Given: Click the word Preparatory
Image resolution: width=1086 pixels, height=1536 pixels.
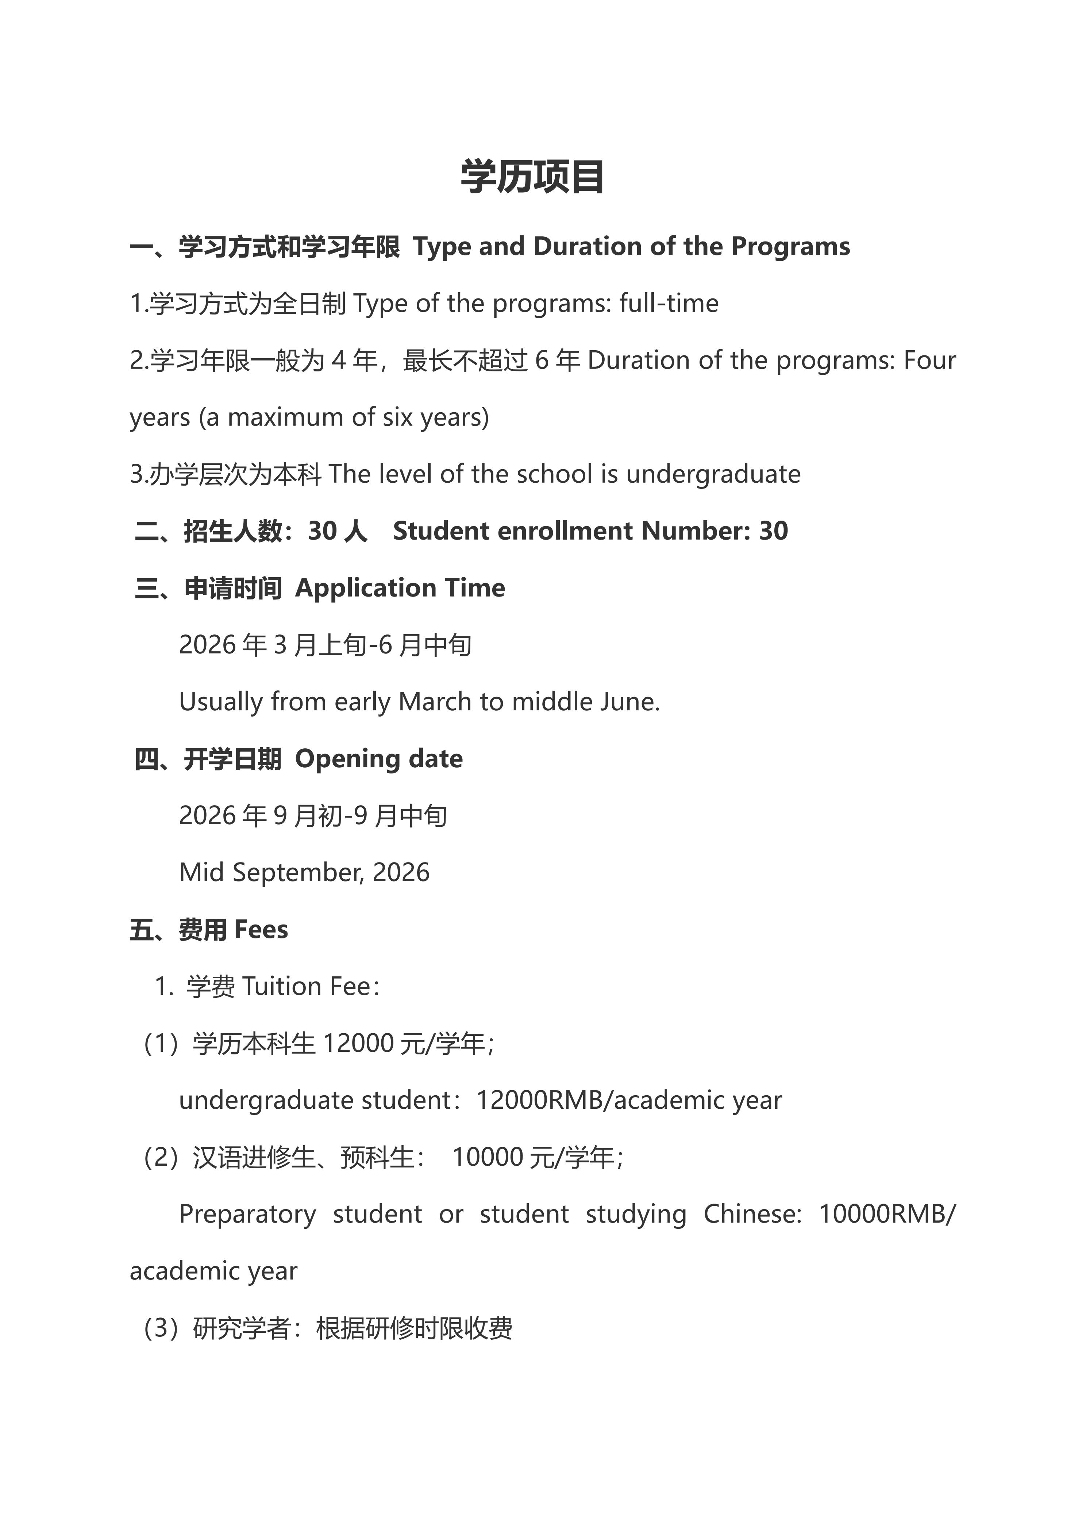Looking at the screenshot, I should click(247, 1214).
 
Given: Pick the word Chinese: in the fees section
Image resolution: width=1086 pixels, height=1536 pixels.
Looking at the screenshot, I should click(752, 1214).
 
